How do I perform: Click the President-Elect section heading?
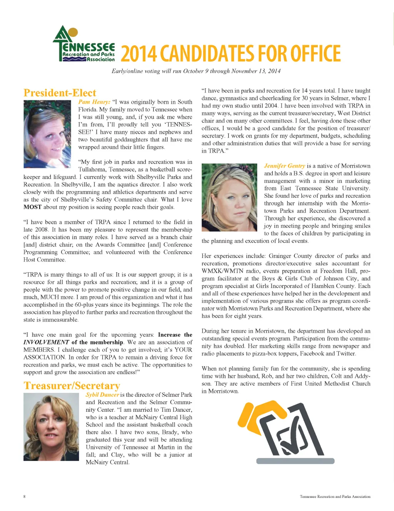coord(60,93)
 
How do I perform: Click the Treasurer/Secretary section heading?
coord(72,386)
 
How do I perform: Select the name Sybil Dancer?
coord(102,395)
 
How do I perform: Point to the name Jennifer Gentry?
coord(284,166)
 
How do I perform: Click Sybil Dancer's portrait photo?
coord(51,426)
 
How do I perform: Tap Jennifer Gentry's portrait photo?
coord(229,197)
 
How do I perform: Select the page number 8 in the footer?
coord(24,496)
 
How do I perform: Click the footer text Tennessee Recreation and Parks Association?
coord(335,497)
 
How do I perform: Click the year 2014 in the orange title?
coord(139,54)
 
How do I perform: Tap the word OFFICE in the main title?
coord(315,54)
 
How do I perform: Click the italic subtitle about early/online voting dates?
coord(196,71)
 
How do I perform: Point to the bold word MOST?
coord(32,207)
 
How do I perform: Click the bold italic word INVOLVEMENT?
coord(46,342)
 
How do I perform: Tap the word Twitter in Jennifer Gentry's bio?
coord(346,353)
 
